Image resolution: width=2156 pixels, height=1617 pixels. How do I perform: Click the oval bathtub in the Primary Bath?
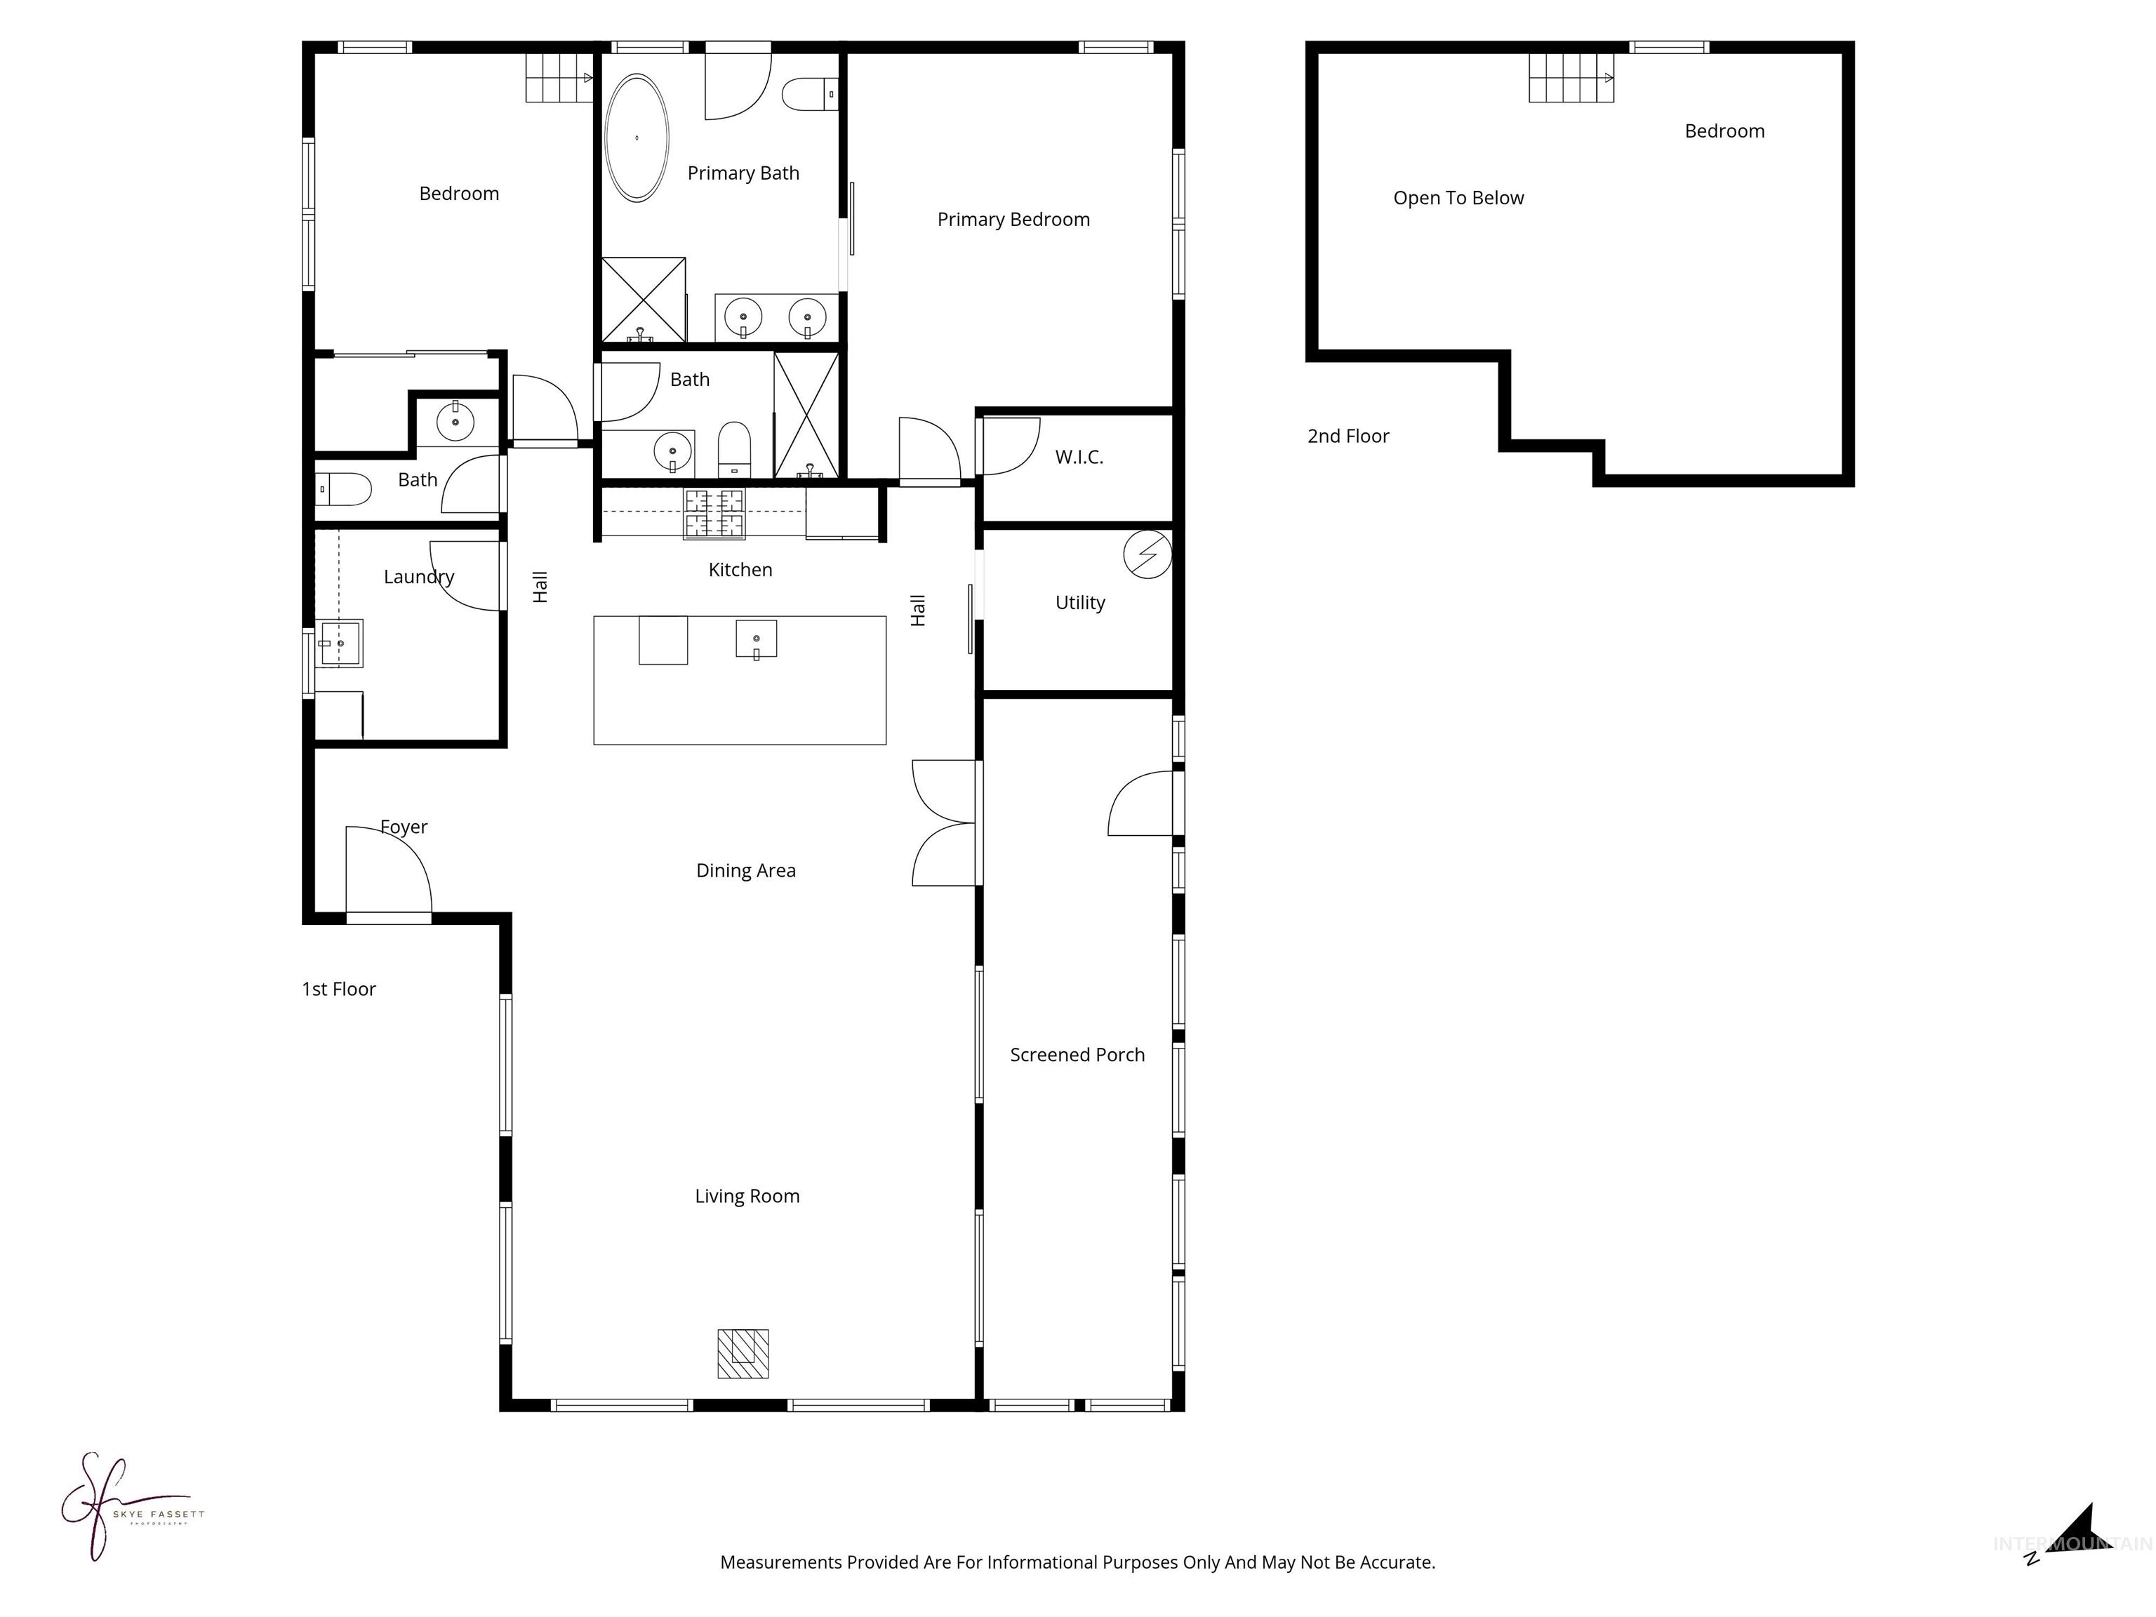click(x=637, y=138)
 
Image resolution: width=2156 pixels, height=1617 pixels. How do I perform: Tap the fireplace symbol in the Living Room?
click(x=743, y=1353)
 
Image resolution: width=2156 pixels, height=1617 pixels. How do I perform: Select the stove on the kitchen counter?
click(x=714, y=514)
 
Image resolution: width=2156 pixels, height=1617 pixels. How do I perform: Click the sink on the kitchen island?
click(x=757, y=640)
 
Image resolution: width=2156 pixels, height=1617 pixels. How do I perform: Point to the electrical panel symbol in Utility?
click(x=1147, y=554)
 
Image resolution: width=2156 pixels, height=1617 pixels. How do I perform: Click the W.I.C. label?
click(x=1079, y=457)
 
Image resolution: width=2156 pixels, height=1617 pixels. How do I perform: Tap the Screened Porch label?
click(x=1077, y=1055)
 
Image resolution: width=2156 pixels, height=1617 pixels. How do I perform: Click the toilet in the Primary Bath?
click(x=809, y=95)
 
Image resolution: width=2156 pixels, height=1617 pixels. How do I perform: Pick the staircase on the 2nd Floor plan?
click(x=1570, y=77)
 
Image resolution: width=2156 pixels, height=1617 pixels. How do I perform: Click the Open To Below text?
click(x=1458, y=198)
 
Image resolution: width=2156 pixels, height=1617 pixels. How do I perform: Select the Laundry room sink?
click(x=341, y=644)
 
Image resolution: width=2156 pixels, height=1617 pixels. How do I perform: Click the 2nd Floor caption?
click(x=1348, y=437)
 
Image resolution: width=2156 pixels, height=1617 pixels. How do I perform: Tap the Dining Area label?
click(x=745, y=870)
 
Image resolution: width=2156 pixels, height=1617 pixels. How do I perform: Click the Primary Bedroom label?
click(x=1013, y=219)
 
